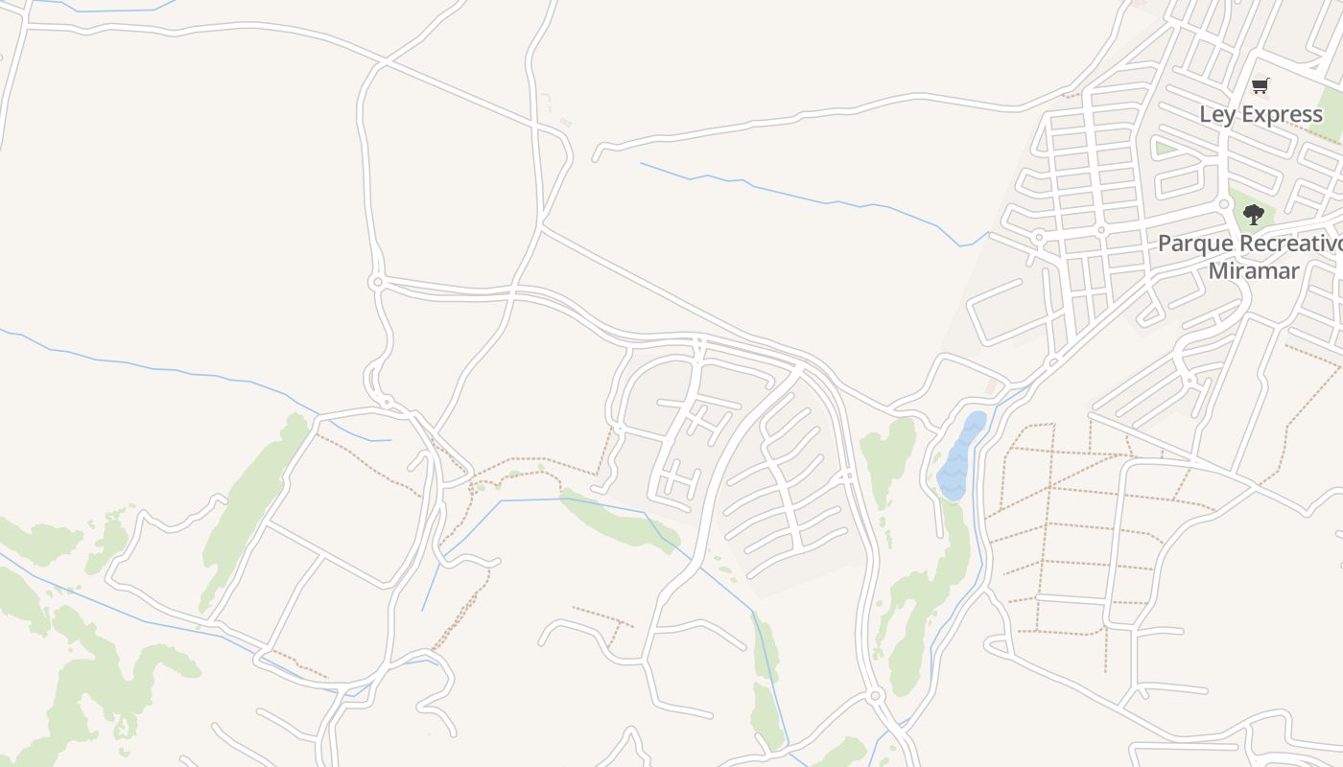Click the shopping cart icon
tap(1261, 86)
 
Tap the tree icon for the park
tap(1253, 215)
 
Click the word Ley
tap(1216, 115)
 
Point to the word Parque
tap(1190, 244)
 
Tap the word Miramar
tap(1253, 270)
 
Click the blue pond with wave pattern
tap(960, 455)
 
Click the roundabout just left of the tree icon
tap(1224, 204)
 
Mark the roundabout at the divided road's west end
tap(377, 282)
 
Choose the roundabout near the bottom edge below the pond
tap(875, 695)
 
